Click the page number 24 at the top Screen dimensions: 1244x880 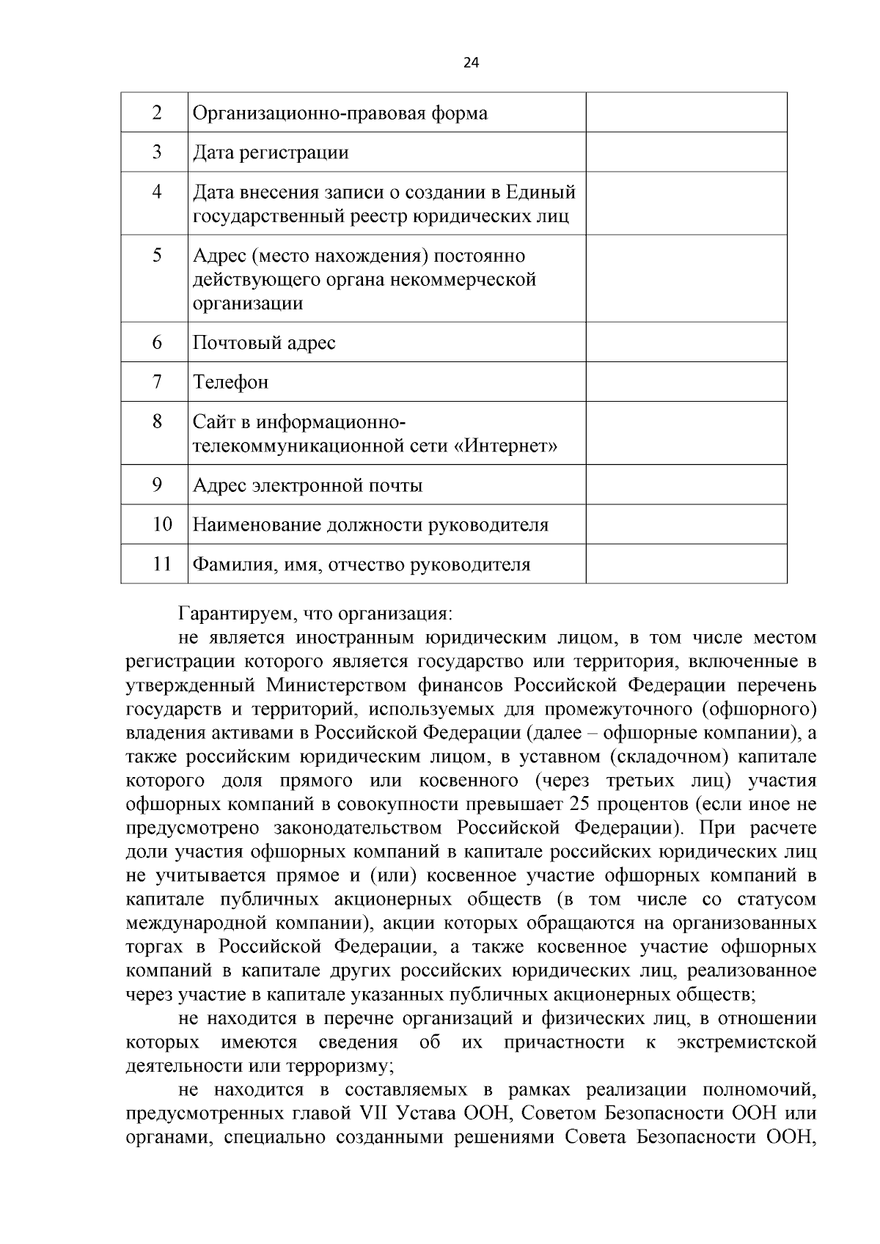tap(471, 63)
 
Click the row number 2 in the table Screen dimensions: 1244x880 tap(156, 113)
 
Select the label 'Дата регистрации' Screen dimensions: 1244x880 tap(271, 152)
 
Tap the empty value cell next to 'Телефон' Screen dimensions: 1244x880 tap(686, 381)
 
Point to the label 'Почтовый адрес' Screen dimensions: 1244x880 tap(264, 342)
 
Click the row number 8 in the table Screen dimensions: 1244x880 tap(156, 422)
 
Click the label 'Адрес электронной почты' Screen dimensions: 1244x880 tap(307, 485)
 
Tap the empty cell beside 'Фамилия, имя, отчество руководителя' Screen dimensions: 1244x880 tap(686, 564)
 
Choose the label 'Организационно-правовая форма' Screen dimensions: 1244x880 tap(340, 114)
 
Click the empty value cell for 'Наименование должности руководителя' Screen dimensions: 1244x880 tap(686, 524)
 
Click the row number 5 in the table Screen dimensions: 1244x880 tap(156, 256)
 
